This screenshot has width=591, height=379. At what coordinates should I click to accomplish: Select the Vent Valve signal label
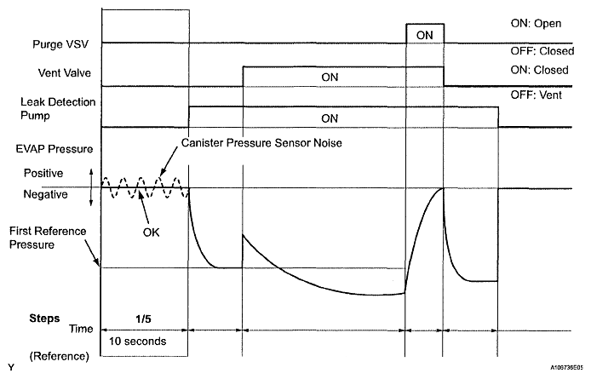click(63, 73)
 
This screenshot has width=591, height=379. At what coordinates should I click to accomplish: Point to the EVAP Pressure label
click(55, 148)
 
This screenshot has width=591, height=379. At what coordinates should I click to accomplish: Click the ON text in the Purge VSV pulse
click(424, 35)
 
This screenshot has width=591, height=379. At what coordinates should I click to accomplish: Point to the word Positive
click(47, 174)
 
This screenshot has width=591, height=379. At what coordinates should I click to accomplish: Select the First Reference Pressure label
click(45, 237)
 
